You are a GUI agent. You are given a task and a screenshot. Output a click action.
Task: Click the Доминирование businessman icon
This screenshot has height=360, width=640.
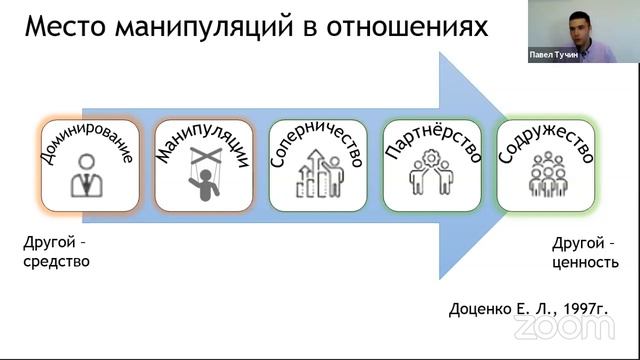[87, 180]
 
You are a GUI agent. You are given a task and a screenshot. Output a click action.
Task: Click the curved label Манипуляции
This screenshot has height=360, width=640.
[201, 141]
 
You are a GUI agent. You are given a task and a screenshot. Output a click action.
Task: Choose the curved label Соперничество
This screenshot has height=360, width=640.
[316, 141]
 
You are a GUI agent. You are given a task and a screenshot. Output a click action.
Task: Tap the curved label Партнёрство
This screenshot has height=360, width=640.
[431, 141]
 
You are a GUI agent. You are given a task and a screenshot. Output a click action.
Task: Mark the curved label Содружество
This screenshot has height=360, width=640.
[546, 141]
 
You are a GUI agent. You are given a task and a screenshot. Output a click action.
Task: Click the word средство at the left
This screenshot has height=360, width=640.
[56, 262]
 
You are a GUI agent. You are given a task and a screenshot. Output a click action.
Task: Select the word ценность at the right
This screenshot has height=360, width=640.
[581, 262]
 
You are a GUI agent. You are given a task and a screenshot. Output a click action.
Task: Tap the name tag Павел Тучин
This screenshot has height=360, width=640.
[552, 57]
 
